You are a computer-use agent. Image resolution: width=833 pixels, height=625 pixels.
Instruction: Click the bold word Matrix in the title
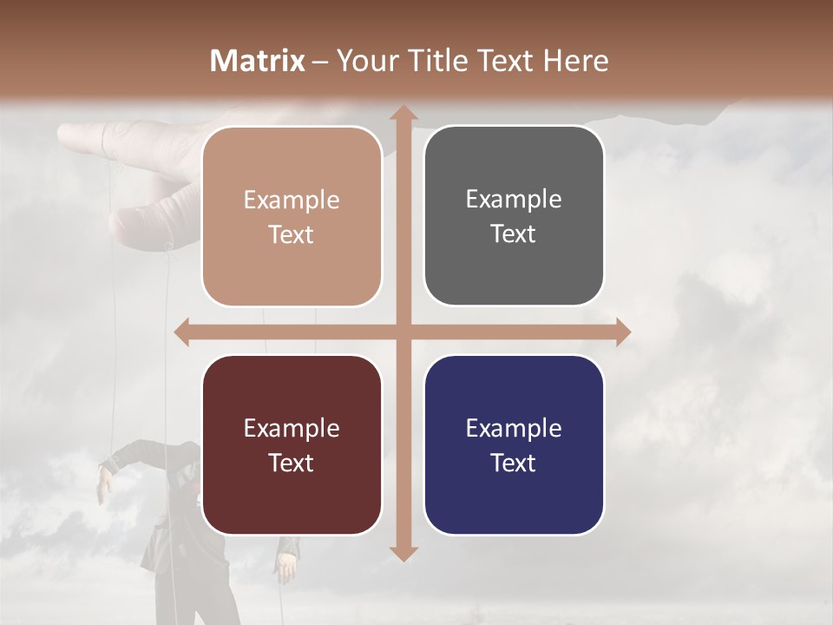(258, 61)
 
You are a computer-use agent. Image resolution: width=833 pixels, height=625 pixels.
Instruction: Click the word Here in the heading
(575, 61)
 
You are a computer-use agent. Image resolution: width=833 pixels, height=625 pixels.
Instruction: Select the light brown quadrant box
(292, 217)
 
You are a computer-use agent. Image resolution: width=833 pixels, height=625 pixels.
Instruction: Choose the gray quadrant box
(514, 216)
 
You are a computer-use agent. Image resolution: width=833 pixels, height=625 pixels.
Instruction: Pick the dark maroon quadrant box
(292, 444)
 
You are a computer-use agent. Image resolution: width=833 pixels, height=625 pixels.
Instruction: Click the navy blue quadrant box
(514, 444)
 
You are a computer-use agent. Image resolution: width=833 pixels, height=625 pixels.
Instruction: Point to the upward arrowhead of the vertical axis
(403, 115)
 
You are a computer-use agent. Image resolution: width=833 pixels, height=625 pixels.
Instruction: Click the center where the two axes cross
(403, 332)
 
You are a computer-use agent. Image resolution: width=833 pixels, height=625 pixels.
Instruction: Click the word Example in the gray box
(514, 200)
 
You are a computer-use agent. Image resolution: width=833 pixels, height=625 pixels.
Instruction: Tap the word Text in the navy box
(514, 463)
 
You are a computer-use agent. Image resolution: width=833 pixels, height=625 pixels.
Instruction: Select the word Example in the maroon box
(292, 428)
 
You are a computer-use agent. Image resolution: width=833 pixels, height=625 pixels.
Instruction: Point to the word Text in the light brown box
(292, 235)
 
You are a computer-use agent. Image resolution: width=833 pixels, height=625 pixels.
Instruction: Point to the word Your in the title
(365, 61)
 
